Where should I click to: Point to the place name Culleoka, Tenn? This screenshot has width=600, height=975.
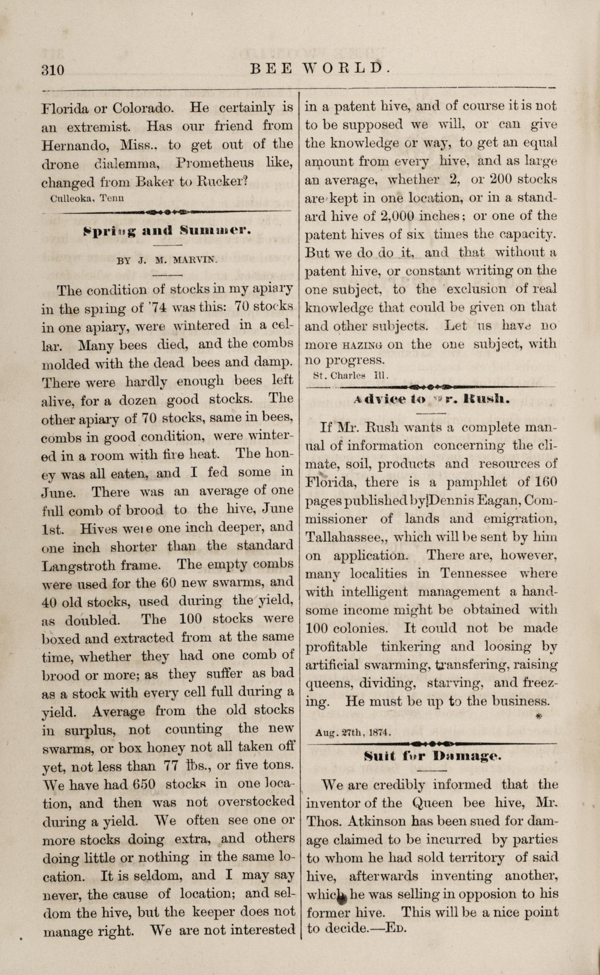[87, 198]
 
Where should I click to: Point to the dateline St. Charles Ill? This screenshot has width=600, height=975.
[345, 375]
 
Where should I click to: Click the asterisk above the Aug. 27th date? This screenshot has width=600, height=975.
[538, 717]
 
